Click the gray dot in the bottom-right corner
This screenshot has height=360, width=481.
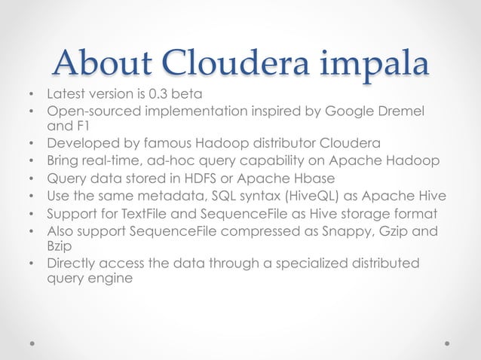tap(447, 340)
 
